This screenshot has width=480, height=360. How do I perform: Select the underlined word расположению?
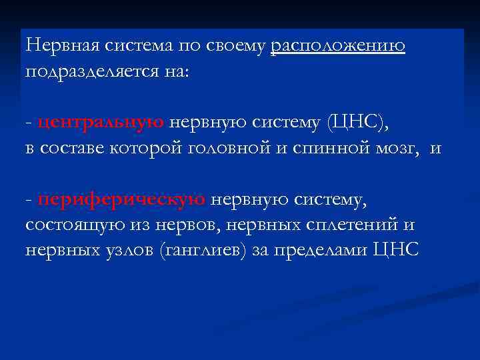coord(338,46)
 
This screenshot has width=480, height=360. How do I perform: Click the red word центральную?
coord(101,122)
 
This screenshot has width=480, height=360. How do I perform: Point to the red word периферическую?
coord(121,198)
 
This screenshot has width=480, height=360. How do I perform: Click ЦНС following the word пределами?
coord(397,249)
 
